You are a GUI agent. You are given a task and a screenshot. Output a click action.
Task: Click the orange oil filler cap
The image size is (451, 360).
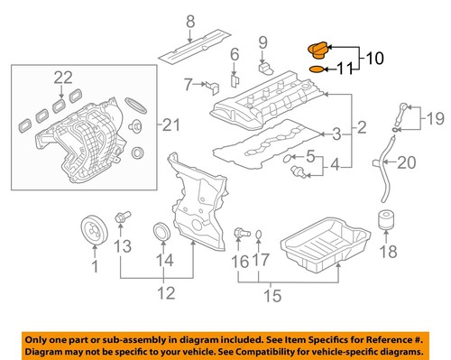pyautogui.click(x=318, y=50)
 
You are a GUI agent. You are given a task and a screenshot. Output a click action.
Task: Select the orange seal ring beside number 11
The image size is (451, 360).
pyautogui.click(x=317, y=68)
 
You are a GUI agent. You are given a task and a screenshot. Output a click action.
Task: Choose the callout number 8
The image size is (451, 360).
pyautogui.click(x=190, y=21)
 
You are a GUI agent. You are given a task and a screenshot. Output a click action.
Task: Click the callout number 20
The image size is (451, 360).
pyautogui.click(x=406, y=163)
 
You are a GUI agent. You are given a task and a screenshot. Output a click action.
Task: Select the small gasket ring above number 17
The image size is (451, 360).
pyautogui.click(x=257, y=235)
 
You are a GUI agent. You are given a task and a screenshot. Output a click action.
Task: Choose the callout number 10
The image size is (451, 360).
pyautogui.click(x=374, y=59)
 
